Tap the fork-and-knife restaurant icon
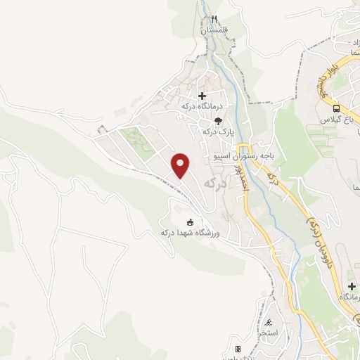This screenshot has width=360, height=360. [x=214, y=19]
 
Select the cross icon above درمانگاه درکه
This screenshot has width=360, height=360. [x=202, y=96]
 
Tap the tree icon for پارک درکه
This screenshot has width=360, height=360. [x=219, y=120]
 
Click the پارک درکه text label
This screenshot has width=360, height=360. [x=217, y=131]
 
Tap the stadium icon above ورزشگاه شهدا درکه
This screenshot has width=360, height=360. [x=190, y=221]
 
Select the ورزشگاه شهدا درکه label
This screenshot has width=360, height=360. [x=190, y=233]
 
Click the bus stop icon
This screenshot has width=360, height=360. [x=337, y=108]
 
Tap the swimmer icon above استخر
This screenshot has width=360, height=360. [x=269, y=321]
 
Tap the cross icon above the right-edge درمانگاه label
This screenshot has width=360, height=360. [x=351, y=286]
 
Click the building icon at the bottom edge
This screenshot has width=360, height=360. [x=238, y=349]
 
